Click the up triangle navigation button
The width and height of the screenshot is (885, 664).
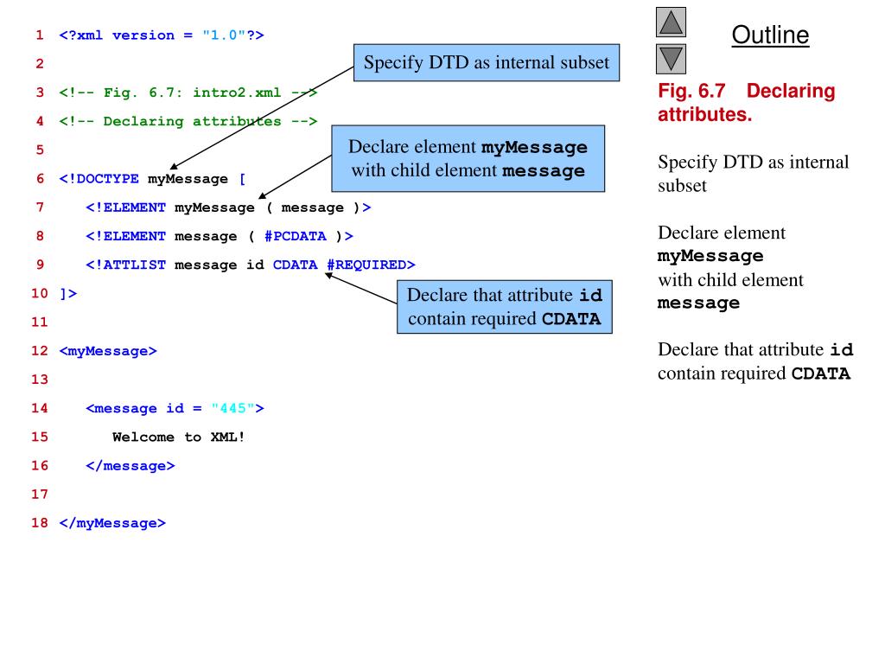coord(672,22)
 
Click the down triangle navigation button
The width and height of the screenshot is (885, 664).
coord(672,59)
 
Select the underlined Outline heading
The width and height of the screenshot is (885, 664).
coord(770,35)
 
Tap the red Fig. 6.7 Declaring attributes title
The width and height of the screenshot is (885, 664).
coord(747,102)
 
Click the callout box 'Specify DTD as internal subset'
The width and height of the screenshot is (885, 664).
coord(487,62)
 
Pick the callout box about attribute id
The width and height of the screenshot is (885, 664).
coord(505,307)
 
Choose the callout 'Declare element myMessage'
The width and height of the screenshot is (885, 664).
coord(468,159)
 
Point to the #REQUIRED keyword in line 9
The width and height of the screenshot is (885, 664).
coord(367,265)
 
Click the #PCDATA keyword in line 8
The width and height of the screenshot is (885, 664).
coord(296,236)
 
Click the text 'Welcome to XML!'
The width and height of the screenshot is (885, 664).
coord(179,437)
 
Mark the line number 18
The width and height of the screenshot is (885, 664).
coord(39,523)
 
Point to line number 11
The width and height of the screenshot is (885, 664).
coord(39,322)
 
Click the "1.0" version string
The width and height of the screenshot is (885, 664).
coord(223,35)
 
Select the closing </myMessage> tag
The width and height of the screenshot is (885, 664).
coord(111,523)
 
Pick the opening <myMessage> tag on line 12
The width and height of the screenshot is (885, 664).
coord(108,351)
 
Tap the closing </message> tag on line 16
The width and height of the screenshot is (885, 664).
coord(131,465)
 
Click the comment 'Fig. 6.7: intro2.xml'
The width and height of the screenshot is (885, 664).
coord(188,93)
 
